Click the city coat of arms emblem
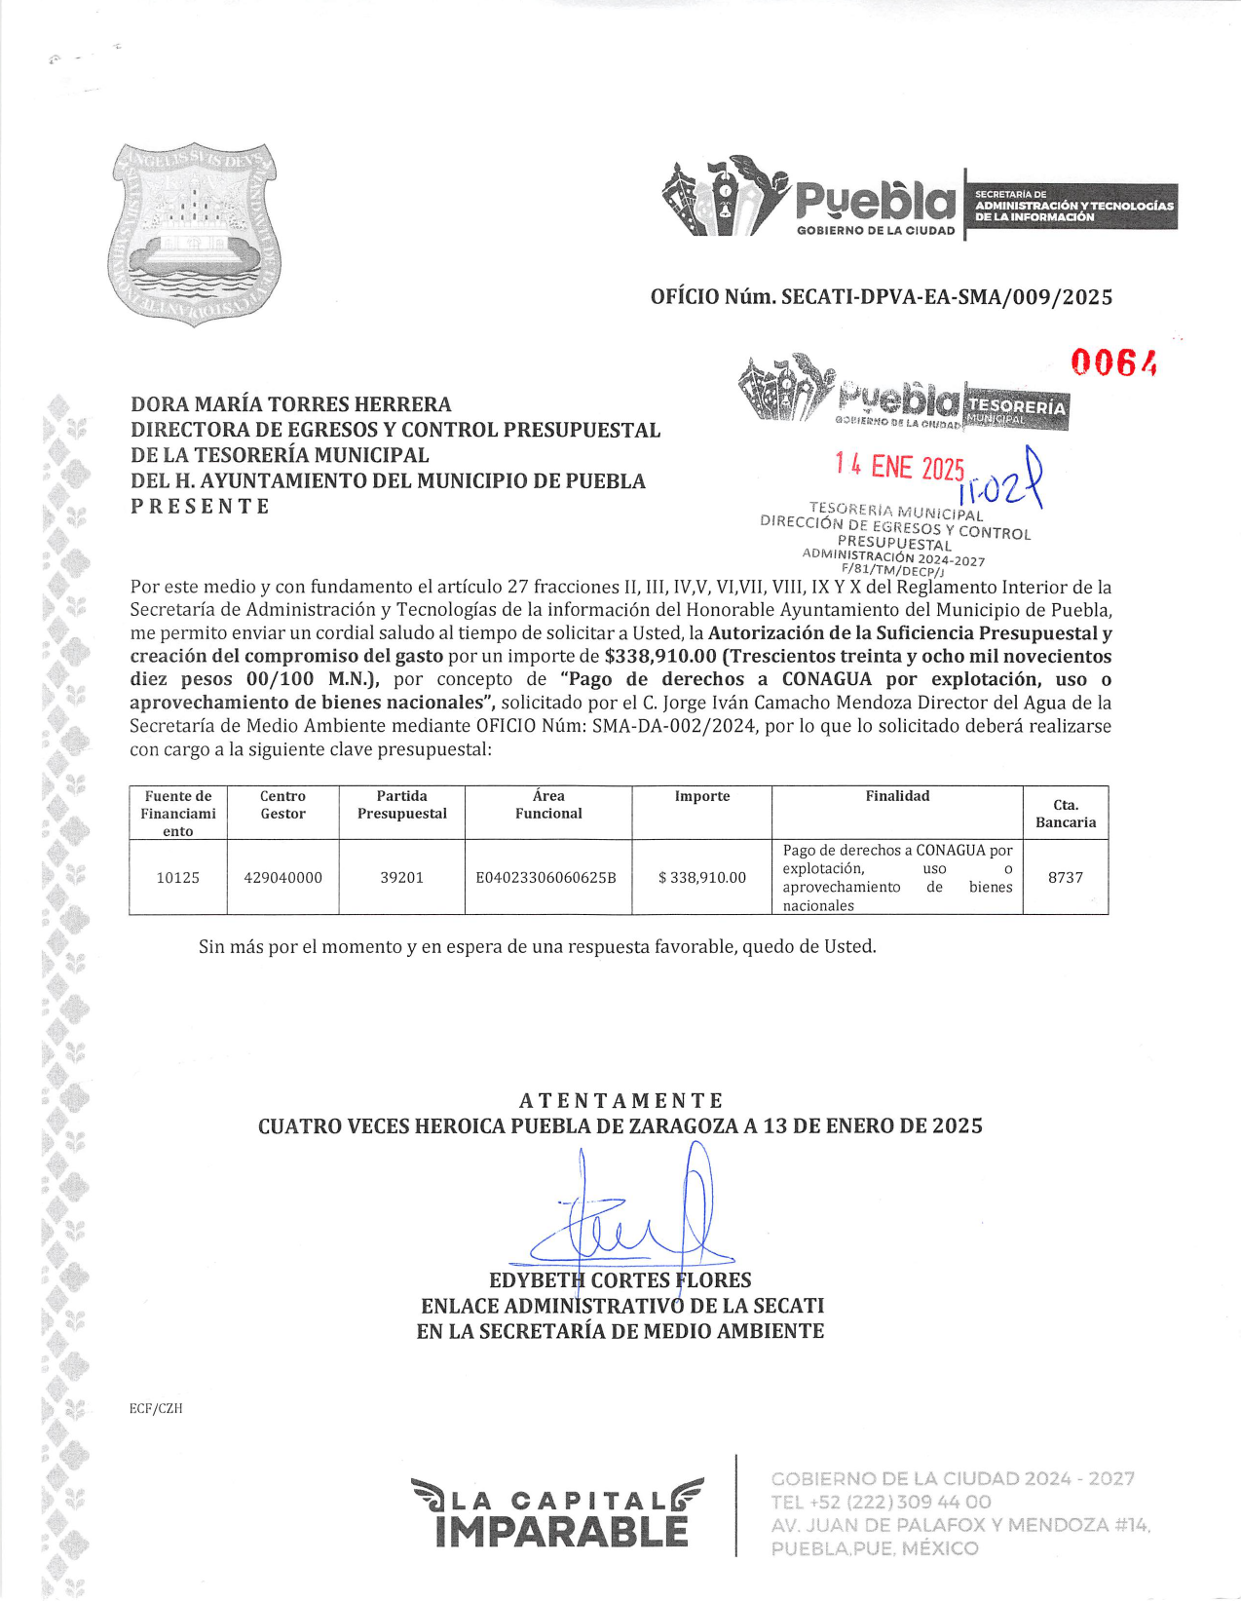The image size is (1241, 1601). tap(193, 234)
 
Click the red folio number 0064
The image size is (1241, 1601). tap(1113, 362)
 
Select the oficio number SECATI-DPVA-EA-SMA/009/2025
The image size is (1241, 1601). tap(881, 297)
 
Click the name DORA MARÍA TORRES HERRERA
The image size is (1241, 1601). tap(291, 404)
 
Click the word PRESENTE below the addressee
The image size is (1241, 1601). tap(200, 507)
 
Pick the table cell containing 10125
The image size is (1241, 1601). tap(178, 877)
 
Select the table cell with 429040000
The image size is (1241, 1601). tap(282, 877)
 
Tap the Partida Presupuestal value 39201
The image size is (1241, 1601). tap(401, 877)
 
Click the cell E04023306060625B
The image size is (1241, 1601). tap(546, 877)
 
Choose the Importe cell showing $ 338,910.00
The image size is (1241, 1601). tap(701, 877)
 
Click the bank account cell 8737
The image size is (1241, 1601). tap(1065, 877)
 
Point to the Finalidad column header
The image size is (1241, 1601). tap(897, 796)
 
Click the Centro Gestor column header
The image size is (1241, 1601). tap(282, 805)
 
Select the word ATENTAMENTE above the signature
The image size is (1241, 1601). tap(620, 1101)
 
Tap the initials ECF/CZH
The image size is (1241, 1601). tap(156, 1408)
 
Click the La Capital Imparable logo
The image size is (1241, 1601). tap(558, 1512)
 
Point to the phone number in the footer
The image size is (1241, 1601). tap(881, 1502)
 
